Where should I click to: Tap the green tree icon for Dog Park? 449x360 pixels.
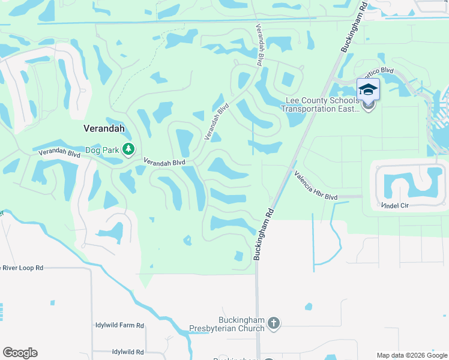coord(128,149)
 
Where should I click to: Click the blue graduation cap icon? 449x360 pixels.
coord(368,89)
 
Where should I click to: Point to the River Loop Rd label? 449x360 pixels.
coord(22,268)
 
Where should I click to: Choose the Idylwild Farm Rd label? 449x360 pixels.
coord(119,325)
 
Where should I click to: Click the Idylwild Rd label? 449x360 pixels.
coord(127,352)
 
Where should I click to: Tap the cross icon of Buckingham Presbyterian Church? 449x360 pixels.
coord(273,323)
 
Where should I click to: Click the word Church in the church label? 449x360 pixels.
coord(250,328)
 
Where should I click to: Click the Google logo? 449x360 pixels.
coord(20,353)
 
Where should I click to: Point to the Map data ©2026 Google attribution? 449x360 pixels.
coord(411,355)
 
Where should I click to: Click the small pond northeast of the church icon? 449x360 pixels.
coord(308,307)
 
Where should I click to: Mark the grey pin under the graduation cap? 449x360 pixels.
coord(368,106)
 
